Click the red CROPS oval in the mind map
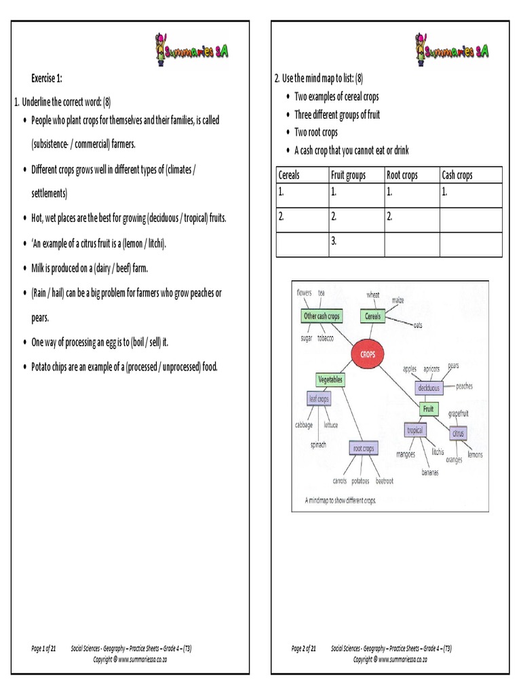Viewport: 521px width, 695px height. click(368, 354)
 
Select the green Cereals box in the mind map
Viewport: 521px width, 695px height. click(374, 316)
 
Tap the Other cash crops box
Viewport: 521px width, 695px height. click(322, 316)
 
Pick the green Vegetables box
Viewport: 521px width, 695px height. click(330, 379)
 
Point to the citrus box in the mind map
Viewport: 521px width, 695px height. click(458, 432)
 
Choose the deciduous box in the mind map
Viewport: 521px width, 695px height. click(429, 388)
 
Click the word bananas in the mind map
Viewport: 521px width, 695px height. click(429, 472)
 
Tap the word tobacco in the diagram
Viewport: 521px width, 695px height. click(326, 338)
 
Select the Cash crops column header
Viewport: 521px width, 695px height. click(457, 175)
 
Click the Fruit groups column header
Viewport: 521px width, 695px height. click(348, 175)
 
